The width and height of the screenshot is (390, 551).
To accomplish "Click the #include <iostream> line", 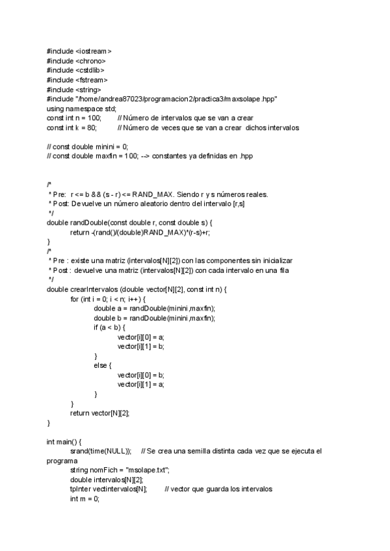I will tap(79, 51).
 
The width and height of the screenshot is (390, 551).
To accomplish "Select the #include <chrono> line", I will tap(77, 60).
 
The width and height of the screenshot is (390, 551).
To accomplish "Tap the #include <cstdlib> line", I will tap(75, 70).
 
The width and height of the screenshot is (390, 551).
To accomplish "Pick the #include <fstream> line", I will tap(77, 80).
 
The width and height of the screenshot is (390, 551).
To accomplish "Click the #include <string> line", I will tap(73, 90).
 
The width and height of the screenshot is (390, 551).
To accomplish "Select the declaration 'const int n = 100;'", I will tap(75, 118).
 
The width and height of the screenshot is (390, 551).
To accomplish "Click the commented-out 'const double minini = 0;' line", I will tap(88, 147).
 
